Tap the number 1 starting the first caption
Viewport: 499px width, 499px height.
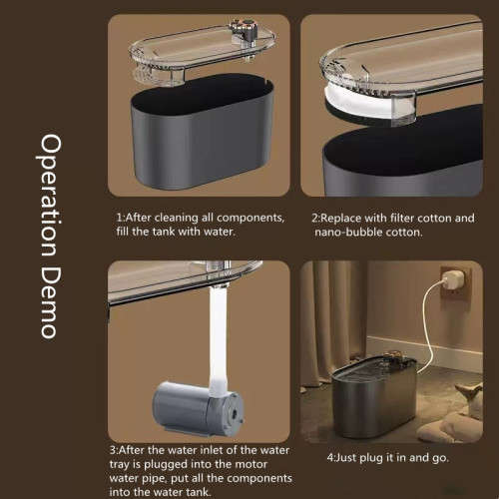coord(120,217)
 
